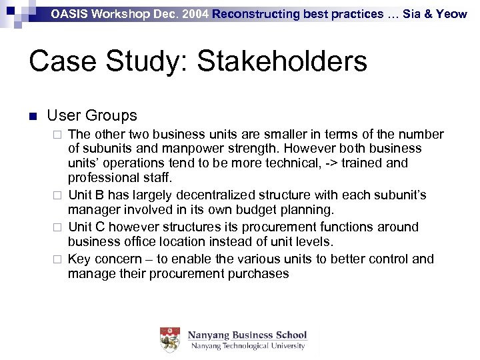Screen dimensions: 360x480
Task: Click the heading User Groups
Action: point(92,115)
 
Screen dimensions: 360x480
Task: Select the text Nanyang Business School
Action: point(247,335)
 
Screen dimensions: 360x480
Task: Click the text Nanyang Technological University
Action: point(247,346)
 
